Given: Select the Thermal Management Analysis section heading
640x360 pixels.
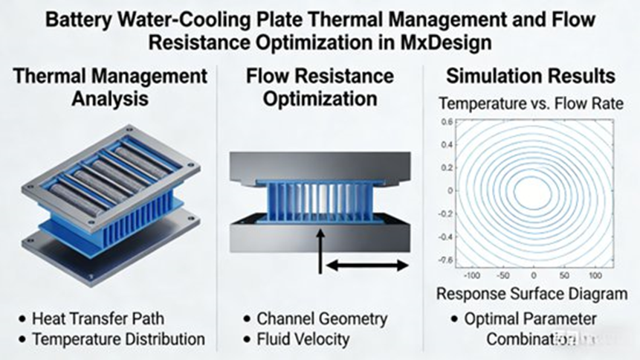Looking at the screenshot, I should (x=110, y=88).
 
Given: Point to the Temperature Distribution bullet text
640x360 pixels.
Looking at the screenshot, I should (x=118, y=339).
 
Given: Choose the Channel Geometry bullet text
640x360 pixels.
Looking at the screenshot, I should (x=322, y=319).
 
